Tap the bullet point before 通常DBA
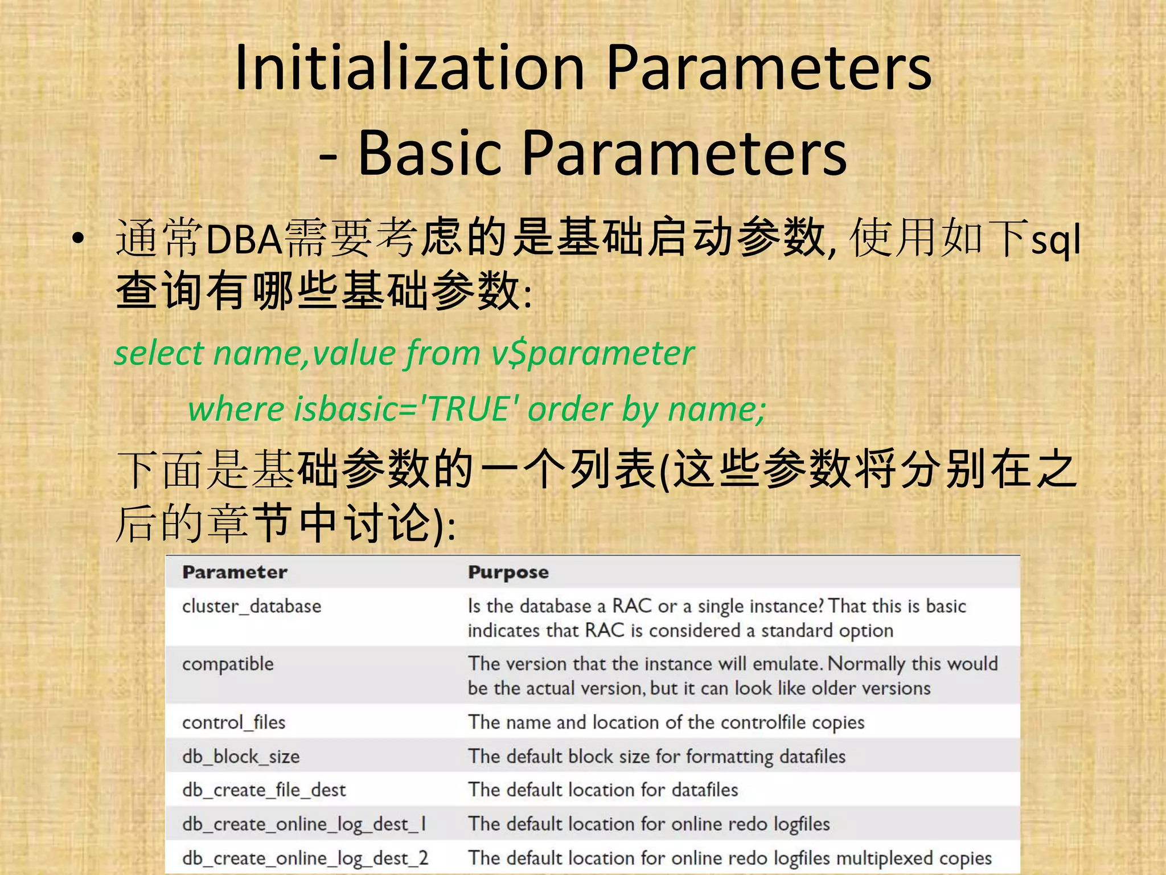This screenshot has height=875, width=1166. pyautogui.click(x=78, y=239)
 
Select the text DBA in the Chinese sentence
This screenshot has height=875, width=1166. pyautogui.click(x=244, y=240)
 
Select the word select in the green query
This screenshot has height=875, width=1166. pyautogui.click(x=159, y=354)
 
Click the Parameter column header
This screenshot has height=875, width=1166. pyautogui.click(x=235, y=573)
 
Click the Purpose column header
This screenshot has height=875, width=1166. pyautogui.click(x=508, y=573)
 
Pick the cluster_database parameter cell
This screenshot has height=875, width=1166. pyautogui.click(x=251, y=606)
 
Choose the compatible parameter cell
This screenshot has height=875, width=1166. pyautogui.click(x=228, y=664)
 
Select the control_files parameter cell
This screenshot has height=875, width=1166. pyautogui.click(x=233, y=722)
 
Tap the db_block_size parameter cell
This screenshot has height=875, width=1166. pyautogui.click(x=240, y=757)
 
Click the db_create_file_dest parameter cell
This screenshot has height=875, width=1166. pyautogui.click(x=264, y=790)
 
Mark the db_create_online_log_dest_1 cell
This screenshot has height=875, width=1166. pyautogui.click(x=303, y=824)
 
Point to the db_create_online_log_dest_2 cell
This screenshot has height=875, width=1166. pyautogui.click(x=305, y=858)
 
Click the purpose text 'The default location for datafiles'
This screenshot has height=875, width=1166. pyautogui.click(x=602, y=790)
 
